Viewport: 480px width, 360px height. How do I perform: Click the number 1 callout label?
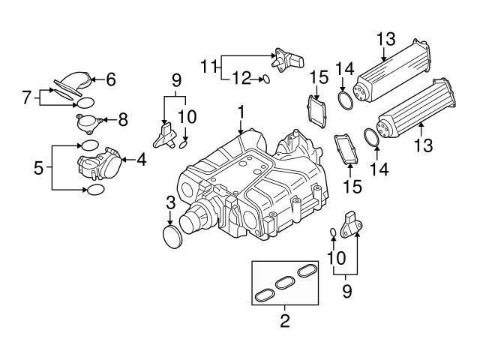[x=241, y=112]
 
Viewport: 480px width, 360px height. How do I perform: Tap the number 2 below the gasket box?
[x=284, y=322]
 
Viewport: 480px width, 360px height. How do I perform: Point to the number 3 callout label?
[x=171, y=202]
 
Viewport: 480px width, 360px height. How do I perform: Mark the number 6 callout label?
[x=110, y=77]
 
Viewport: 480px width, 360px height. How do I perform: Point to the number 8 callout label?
[x=124, y=119]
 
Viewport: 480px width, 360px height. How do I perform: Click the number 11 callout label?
[x=211, y=65]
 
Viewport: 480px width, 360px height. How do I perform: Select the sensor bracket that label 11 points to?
[x=287, y=58]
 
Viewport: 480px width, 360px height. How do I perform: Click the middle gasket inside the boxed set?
[x=284, y=283]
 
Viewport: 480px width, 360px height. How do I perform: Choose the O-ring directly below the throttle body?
[x=96, y=190]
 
